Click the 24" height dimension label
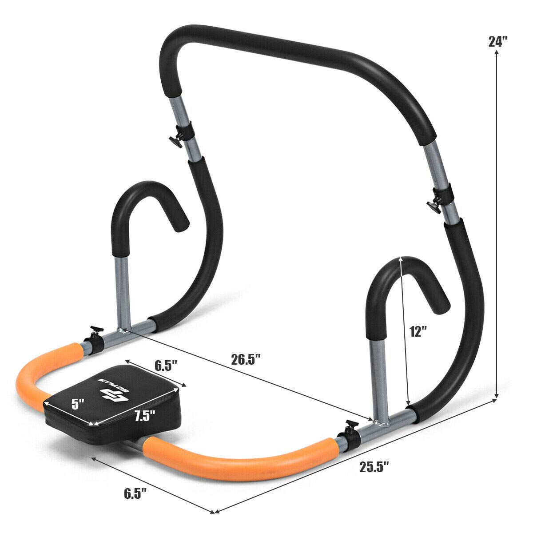497,42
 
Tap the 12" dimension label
418,332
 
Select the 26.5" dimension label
245,359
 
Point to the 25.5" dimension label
374,467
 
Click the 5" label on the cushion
78,404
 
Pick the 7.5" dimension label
145,416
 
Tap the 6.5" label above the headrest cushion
166,366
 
